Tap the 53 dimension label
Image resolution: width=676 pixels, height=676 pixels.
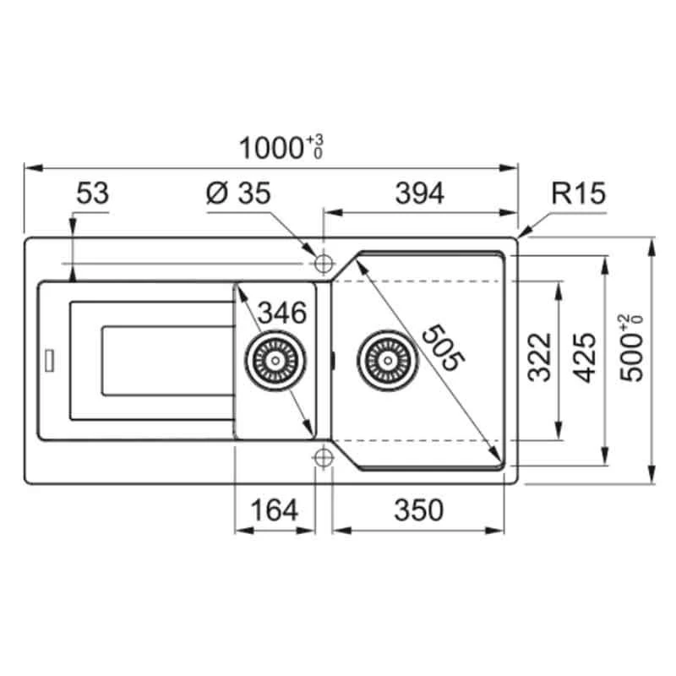(93, 194)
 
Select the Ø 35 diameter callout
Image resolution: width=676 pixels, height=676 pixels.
(238, 194)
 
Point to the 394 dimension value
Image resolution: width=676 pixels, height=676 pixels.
(419, 194)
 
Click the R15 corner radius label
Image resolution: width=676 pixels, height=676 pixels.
(579, 194)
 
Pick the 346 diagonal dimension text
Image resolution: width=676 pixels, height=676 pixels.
(282, 313)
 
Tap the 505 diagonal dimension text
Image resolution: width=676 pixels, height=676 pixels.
(444, 347)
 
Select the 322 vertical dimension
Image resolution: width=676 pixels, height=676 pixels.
(540, 357)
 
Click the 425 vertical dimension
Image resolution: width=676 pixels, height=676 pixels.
(586, 357)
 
